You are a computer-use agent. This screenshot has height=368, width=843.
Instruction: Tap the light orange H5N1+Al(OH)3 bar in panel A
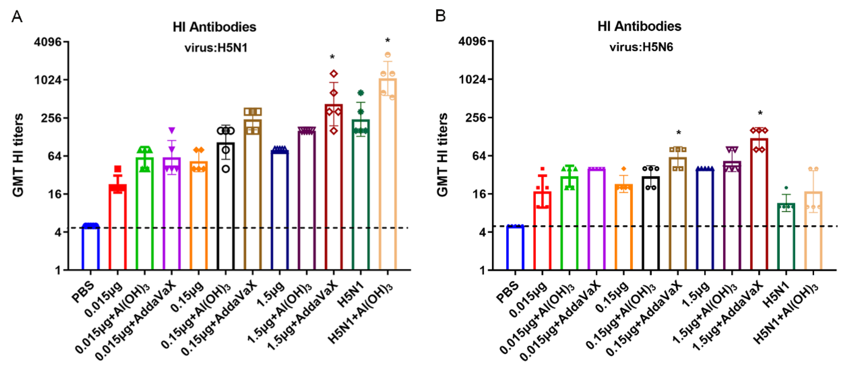(388, 174)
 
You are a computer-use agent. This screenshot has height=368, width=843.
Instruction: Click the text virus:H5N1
(216, 48)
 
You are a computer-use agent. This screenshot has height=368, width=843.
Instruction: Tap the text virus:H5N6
(641, 47)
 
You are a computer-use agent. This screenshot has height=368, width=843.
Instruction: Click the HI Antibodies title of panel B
(639, 26)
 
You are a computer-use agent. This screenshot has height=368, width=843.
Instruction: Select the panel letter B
(440, 15)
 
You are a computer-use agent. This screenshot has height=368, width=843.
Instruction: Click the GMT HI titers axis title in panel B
(442, 154)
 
